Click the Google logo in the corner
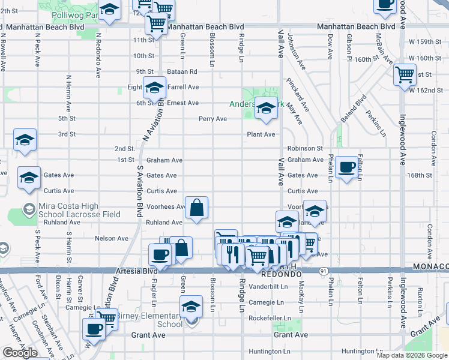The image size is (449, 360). (x=20, y=353)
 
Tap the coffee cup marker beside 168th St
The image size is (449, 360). (x=346, y=167)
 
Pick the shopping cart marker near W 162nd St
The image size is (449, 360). (x=405, y=76)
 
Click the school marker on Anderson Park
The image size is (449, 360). (x=265, y=109)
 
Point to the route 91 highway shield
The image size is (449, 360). (x=323, y=271)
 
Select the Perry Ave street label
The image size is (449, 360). (x=213, y=119)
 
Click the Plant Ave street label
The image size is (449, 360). (x=261, y=134)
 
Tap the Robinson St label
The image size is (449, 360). (x=305, y=148)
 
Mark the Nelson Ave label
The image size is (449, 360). (x=112, y=238)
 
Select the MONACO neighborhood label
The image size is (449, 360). (x=431, y=266)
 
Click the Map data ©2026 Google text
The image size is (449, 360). (x=412, y=355)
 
